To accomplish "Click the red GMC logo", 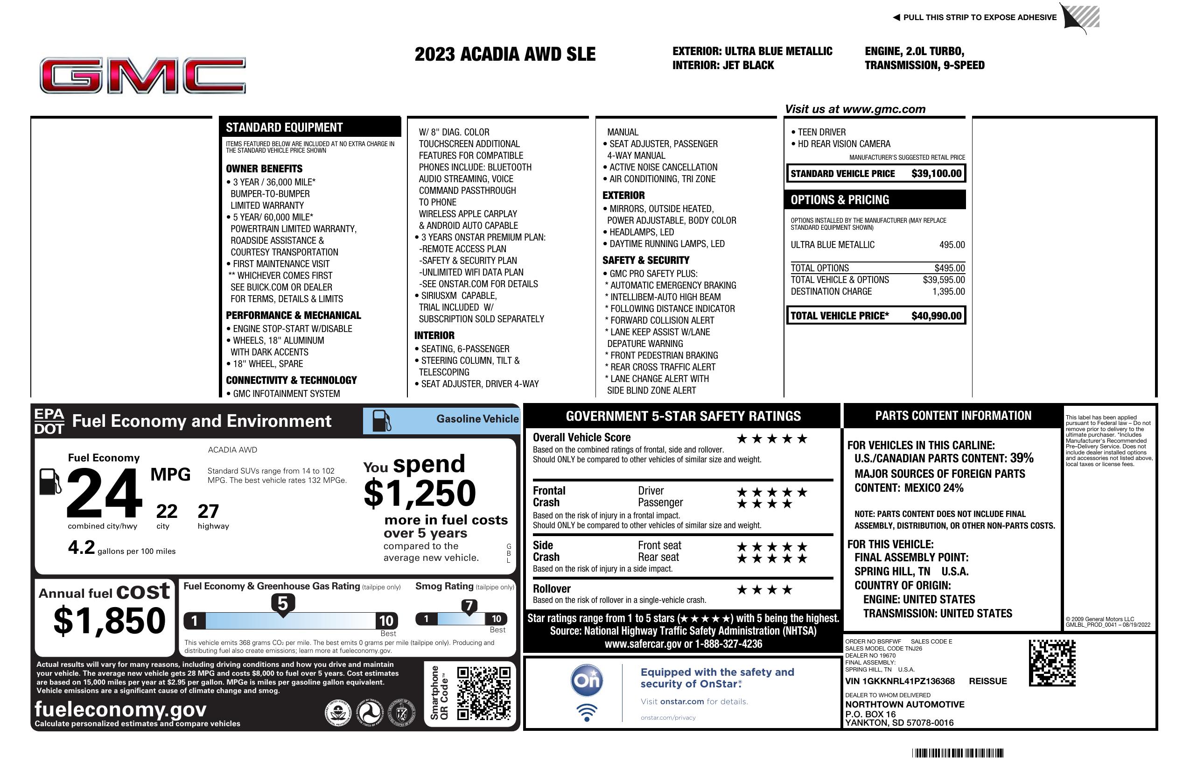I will [142, 76].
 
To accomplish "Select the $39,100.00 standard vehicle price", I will [936, 174].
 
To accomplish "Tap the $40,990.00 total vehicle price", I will [936, 316].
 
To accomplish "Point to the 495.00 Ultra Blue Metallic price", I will [952, 245].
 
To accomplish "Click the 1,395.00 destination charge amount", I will [948, 291].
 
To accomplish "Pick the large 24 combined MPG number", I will [104, 493].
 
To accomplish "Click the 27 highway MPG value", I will [208, 511].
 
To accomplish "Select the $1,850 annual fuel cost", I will [109, 621].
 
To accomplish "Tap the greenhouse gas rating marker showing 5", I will [282, 604].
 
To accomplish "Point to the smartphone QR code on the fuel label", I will [483, 693].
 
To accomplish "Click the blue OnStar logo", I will [587, 680].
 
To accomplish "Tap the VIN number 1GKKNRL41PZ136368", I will [900, 681].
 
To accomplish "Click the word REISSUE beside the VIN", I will [987, 681].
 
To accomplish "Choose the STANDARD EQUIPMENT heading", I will [284, 127].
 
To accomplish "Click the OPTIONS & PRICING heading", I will [840, 199].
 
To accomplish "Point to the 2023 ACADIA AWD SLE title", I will [505, 54].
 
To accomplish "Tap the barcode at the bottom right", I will [957, 753].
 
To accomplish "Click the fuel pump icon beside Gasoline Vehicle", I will [382, 421].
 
